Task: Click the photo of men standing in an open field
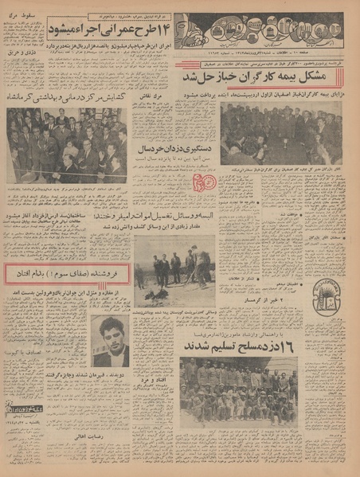[x=174, y=269]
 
